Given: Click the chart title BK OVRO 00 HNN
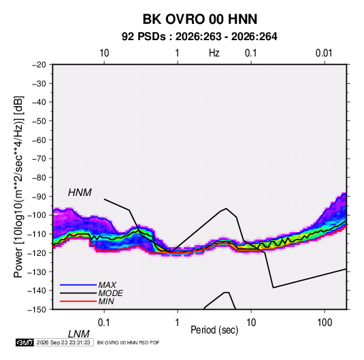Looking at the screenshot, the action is pos(200,19).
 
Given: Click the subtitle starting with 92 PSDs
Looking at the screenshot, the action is pos(199,37).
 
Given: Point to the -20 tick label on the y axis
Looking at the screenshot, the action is pos(39,65).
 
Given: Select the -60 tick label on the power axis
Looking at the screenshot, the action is pos(39,140).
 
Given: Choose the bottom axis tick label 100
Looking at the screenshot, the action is pos(324,323).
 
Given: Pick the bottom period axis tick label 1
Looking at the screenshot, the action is pos(177,323).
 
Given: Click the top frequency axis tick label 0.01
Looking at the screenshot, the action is pos(324,53).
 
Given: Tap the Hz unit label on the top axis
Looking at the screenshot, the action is pos(214,53).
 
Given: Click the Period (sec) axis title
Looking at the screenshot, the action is pos(214,330).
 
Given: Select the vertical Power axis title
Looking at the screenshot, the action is pos(18,187).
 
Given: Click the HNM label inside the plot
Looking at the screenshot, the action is pos(80,193).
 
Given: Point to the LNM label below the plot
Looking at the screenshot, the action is pos(78,334).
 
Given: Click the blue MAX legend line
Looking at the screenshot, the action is pos(78,285).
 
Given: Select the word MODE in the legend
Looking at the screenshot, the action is pos(110,293).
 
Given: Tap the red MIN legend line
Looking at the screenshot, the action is pos(78,301).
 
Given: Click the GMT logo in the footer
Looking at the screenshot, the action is pos(24,342).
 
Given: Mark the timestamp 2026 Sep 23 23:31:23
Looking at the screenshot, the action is pos(63,342).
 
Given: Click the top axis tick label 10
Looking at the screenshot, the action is pos(104,53).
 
